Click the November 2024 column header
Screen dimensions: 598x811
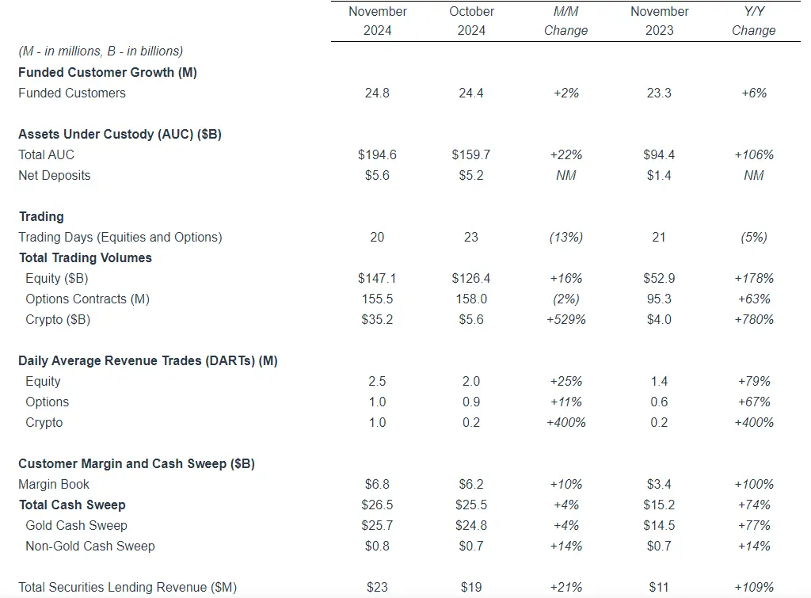click(378, 21)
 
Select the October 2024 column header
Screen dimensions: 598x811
click(471, 21)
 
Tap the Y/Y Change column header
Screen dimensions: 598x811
click(753, 21)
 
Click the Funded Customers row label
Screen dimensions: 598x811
click(72, 93)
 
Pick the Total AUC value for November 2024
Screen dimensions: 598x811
click(378, 154)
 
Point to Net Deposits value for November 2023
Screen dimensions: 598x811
click(659, 175)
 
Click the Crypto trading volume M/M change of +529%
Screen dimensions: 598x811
click(566, 319)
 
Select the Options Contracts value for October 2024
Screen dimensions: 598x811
click(471, 299)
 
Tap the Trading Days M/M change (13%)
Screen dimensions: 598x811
click(566, 237)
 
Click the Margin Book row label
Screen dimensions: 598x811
click(54, 484)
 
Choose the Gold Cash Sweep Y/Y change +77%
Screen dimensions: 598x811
click(753, 525)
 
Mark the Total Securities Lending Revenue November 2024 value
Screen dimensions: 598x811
click(378, 587)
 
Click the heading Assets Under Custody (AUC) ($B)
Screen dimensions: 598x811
click(120, 134)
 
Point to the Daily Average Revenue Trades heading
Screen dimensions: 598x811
click(147, 360)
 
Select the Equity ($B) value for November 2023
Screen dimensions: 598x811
click(659, 278)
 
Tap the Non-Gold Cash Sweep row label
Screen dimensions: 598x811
click(90, 546)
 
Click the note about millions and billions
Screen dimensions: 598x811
click(101, 51)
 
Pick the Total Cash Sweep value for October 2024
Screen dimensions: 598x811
click(471, 505)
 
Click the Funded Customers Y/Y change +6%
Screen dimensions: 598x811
click(753, 93)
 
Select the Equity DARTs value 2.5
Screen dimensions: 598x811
click(378, 381)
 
